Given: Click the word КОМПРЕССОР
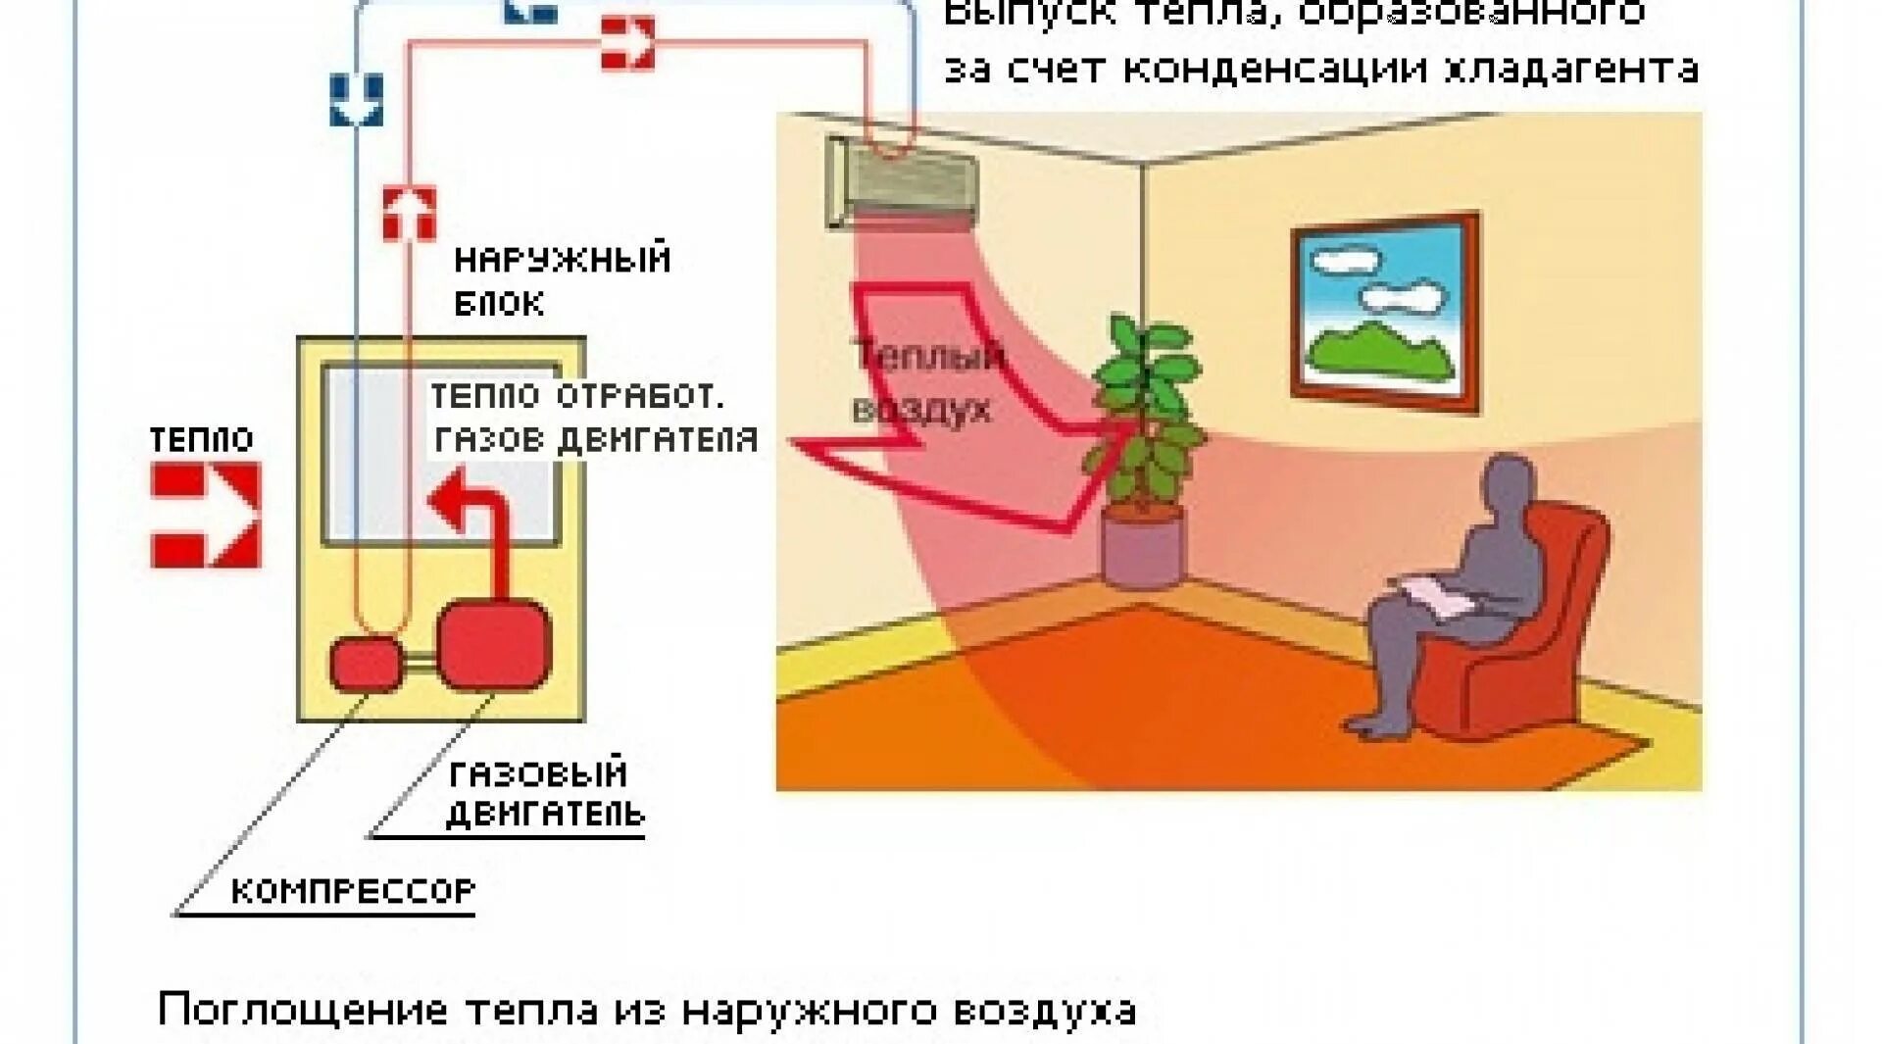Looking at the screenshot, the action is (x=353, y=890).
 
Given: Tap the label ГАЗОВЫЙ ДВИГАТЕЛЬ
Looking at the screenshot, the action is (x=544, y=794).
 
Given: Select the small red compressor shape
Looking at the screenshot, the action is (x=364, y=663).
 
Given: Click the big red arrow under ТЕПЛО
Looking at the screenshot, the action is (x=206, y=515).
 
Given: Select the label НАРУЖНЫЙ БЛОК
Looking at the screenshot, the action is (x=561, y=280).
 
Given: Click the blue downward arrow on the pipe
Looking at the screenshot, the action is (x=356, y=100).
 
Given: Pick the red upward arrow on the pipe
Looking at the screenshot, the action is (x=409, y=213).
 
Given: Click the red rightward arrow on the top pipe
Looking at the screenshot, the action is (x=627, y=42).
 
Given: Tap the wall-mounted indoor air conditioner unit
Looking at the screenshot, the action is (x=902, y=181).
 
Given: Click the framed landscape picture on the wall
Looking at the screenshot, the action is (x=1385, y=311).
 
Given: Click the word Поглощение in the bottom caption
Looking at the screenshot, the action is (x=302, y=1010).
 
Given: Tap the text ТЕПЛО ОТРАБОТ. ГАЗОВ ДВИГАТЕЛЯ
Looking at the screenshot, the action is (x=594, y=419).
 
